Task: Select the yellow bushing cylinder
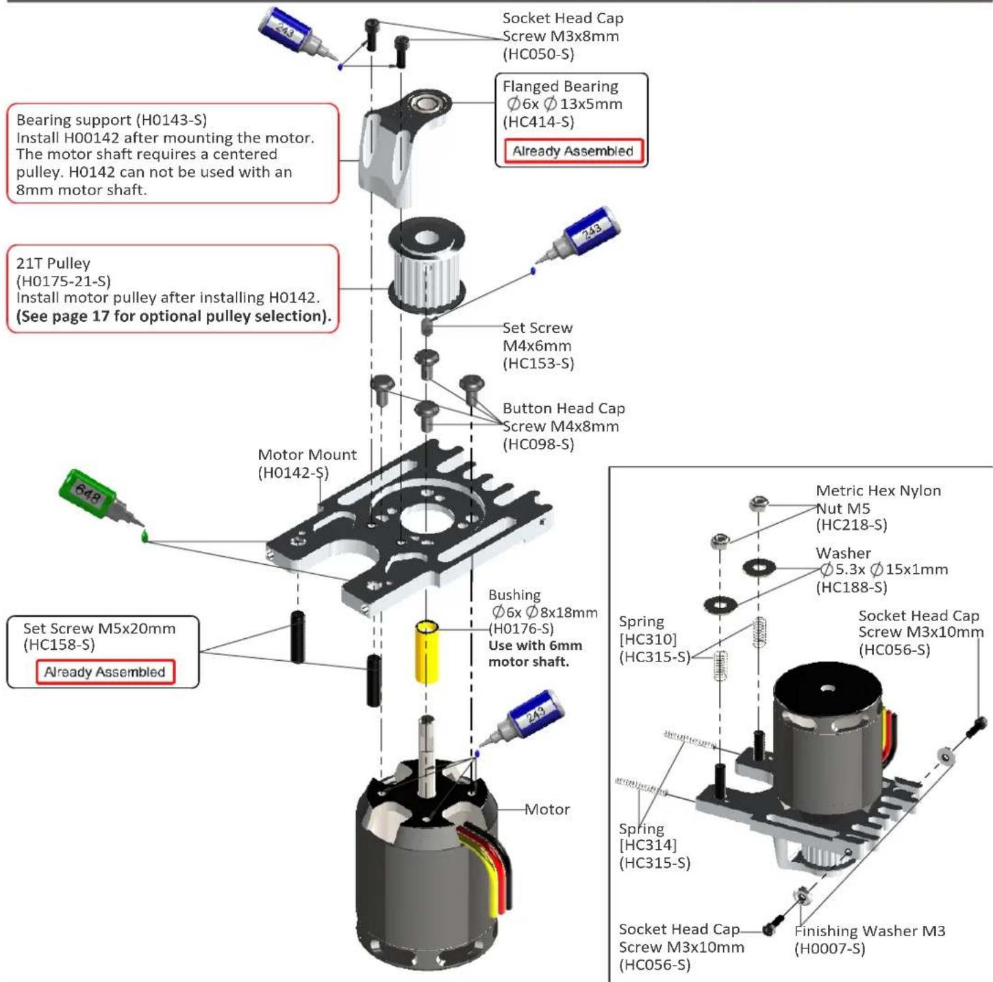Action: point(427,653)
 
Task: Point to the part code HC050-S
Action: point(538,54)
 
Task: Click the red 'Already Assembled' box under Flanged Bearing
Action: point(573,151)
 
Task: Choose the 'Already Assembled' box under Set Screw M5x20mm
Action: point(105,672)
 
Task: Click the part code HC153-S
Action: point(538,364)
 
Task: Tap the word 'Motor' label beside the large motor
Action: point(546,809)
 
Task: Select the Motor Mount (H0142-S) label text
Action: point(307,464)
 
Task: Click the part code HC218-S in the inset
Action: point(851,525)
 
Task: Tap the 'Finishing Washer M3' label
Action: point(870,931)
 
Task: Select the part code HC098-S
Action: point(538,444)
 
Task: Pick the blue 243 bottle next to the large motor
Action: point(520,722)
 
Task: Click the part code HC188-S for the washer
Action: point(851,588)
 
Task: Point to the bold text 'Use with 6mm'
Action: point(536,645)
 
